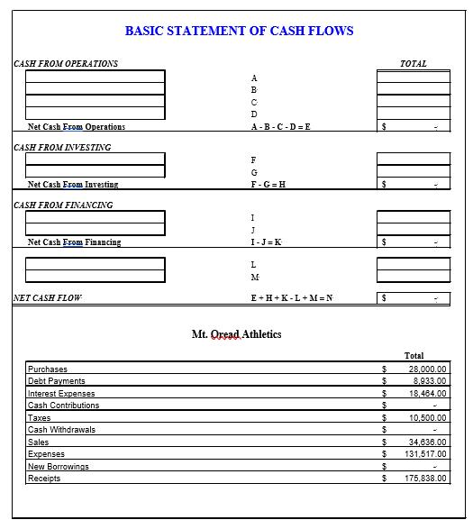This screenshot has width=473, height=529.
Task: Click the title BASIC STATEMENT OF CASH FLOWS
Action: coord(239,31)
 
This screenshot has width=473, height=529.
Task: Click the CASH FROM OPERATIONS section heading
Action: coord(66,64)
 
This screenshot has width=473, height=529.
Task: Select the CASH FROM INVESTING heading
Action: coord(63,147)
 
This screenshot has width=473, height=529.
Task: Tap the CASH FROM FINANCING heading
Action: coord(64,205)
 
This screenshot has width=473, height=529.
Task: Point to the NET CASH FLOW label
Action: coord(48,298)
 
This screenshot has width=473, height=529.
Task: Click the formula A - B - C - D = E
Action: coord(280,127)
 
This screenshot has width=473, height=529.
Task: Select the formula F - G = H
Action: coord(268,185)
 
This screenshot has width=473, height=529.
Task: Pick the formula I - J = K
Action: coord(266,242)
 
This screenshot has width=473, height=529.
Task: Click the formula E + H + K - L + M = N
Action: coord(291,298)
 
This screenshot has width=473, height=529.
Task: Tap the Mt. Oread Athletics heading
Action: coord(236,334)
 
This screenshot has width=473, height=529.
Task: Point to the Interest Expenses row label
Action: coord(61,394)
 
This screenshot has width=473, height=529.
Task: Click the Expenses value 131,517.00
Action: coord(425,454)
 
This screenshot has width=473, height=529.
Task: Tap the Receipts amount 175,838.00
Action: coord(425,479)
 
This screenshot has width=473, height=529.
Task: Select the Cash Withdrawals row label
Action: coord(61,430)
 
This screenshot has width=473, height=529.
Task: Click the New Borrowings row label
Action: coord(59,467)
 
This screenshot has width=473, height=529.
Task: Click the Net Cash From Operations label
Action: coord(77,127)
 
